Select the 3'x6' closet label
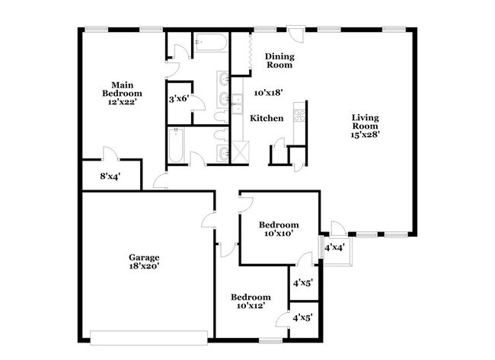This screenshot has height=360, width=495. point(178,99)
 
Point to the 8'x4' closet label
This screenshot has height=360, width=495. point(110,176)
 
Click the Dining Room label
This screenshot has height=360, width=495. point(279,60)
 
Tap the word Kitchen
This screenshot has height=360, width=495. point(267,118)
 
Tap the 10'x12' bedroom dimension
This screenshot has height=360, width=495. point(251,307)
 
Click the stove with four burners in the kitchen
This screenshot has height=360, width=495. point(301,117)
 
